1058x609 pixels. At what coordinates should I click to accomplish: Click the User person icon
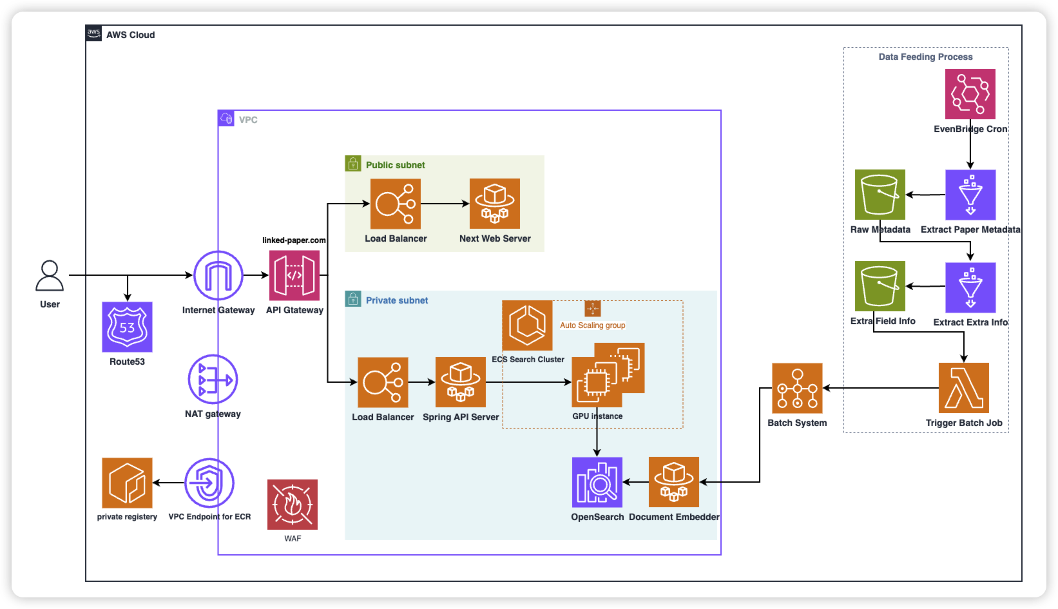click(x=50, y=276)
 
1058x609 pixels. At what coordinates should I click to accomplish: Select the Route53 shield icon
click(x=127, y=327)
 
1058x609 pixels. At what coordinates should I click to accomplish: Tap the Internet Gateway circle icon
click(x=218, y=275)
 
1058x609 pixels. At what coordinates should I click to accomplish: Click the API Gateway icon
click(x=294, y=275)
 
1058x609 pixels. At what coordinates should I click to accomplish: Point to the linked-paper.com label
click(x=294, y=240)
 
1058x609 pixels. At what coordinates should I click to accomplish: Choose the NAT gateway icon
click(x=213, y=380)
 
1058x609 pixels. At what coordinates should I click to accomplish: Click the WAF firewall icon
click(x=293, y=505)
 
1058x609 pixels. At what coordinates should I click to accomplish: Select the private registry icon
click(x=127, y=483)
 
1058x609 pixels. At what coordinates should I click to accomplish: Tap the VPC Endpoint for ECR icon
click(x=209, y=483)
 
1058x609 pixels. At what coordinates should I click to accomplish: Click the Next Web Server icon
click(x=495, y=204)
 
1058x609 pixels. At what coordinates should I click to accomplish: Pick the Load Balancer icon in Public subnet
click(x=396, y=204)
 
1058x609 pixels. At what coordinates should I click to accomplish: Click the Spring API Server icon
click(x=461, y=382)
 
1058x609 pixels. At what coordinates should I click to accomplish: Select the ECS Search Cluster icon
click(x=527, y=325)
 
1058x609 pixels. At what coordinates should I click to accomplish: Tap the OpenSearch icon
click(x=597, y=482)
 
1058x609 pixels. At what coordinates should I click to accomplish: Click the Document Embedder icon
click(x=674, y=482)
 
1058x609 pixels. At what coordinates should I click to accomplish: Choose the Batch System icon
click(x=797, y=388)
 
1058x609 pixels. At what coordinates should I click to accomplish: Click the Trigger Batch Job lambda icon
click(x=964, y=388)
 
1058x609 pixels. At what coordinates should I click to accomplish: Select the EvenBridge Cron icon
click(x=970, y=94)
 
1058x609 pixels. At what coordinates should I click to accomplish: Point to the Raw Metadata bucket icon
click(x=880, y=195)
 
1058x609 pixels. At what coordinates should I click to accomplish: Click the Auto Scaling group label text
click(x=592, y=325)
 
